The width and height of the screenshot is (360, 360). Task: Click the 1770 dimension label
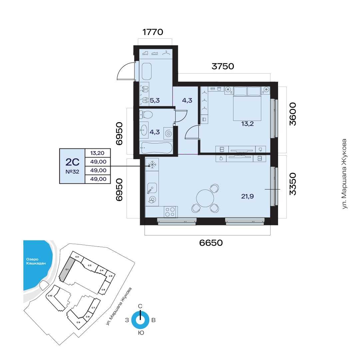(x=153, y=32)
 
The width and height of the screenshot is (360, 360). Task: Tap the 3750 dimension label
(x=223, y=66)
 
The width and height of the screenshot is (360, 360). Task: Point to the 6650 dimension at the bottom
(x=211, y=243)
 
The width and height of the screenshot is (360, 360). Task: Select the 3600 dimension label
(x=293, y=114)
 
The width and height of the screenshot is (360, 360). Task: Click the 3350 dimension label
(x=293, y=184)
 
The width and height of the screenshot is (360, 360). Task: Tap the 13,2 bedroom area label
(x=247, y=124)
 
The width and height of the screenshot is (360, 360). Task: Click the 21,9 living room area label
(x=247, y=196)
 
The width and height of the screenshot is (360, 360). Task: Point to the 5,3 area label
(x=155, y=100)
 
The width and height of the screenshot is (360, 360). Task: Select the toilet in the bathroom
(x=146, y=114)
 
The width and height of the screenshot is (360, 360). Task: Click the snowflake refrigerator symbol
(x=152, y=165)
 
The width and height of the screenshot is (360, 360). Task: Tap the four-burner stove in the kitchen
(x=171, y=212)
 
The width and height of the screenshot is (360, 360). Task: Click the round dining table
(x=205, y=198)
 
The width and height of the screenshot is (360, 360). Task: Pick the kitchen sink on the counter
(x=152, y=188)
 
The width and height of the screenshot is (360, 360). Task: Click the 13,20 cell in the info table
(x=97, y=153)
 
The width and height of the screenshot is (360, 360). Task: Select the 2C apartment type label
(x=72, y=162)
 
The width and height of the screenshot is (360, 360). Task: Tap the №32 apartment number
(x=72, y=172)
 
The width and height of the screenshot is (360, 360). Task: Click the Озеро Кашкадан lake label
(x=36, y=261)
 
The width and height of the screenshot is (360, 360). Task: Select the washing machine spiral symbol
(x=168, y=134)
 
